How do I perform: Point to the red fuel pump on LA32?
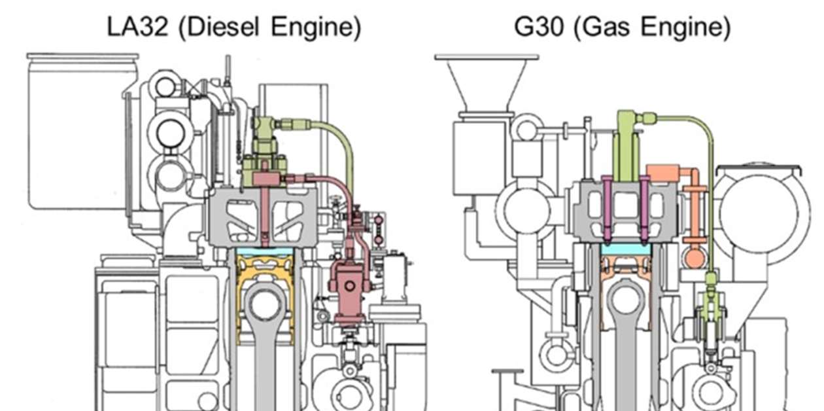click(350, 285)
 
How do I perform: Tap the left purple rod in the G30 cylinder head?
click(608, 209)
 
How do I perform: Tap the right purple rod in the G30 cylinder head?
click(645, 209)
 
